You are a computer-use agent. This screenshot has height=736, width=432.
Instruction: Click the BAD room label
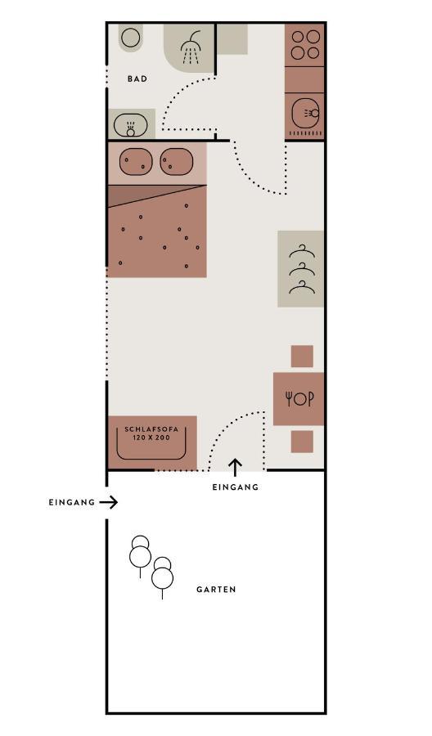point(137,79)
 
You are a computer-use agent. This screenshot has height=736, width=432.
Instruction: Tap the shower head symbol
point(190,47)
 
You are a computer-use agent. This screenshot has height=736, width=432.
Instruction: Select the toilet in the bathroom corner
point(130,37)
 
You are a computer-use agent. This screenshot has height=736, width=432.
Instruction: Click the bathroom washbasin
point(131,125)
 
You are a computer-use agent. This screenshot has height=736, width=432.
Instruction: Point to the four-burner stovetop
point(304,45)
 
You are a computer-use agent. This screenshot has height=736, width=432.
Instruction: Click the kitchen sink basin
point(306,113)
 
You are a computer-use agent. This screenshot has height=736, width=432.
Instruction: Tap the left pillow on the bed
point(136,163)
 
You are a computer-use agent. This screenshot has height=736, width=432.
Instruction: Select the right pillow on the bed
point(177,163)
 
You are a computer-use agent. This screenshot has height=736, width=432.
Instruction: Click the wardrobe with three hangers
point(300,269)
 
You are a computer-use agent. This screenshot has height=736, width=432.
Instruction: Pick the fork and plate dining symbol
point(299,399)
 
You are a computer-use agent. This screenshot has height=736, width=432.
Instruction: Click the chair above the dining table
point(302,357)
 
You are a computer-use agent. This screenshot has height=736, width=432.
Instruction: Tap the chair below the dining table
point(302,442)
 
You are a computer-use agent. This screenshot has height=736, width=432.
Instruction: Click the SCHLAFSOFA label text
point(151,429)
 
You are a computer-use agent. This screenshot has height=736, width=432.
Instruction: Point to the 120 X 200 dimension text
point(151,438)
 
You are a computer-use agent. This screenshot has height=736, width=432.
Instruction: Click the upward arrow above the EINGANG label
point(236,468)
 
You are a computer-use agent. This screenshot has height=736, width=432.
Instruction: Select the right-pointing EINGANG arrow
point(109,503)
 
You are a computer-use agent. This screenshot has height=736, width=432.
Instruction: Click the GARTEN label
point(216,590)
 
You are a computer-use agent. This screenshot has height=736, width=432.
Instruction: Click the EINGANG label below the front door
point(236,487)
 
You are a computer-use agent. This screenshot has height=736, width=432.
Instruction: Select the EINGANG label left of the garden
point(72,502)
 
